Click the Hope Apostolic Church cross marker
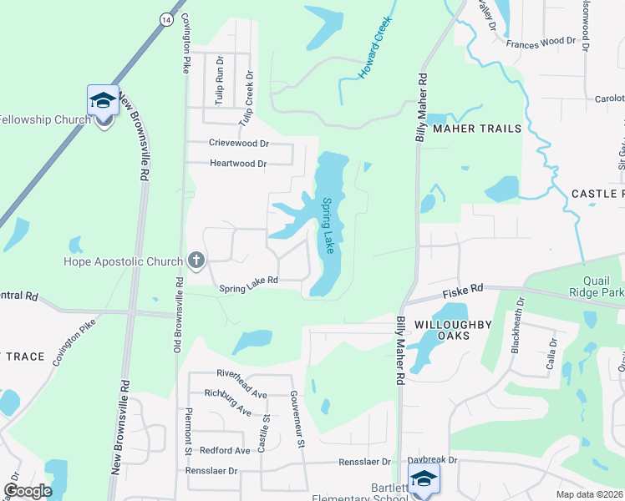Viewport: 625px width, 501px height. pos(196,261)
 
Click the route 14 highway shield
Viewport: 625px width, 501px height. pos(168,18)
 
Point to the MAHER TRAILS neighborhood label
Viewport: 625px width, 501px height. pos(476,129)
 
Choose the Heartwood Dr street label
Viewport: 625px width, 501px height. pos(238,164)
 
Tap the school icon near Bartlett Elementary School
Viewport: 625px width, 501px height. pos(424,478)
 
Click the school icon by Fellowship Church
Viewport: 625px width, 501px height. pos(104,102)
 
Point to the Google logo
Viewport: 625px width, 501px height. pos(28,491)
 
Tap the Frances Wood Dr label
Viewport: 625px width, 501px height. pos(541,40)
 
